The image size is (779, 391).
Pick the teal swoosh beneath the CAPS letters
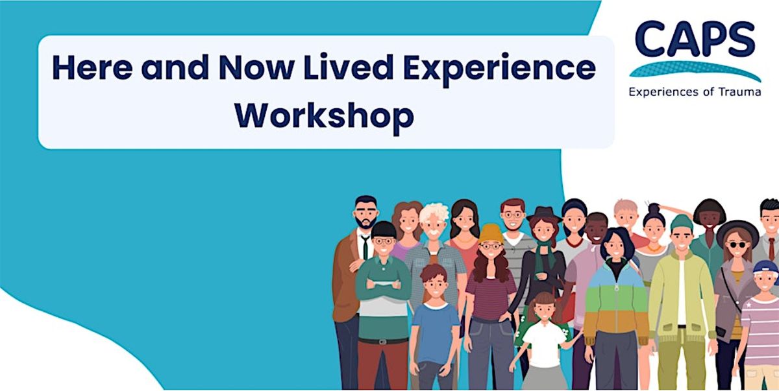(695, 69)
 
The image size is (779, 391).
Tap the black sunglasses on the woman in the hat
(737, 244)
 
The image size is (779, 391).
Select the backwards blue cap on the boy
(766, 267)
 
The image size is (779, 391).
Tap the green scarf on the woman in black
(544, 259)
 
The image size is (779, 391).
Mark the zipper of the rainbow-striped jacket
(615, 298)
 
